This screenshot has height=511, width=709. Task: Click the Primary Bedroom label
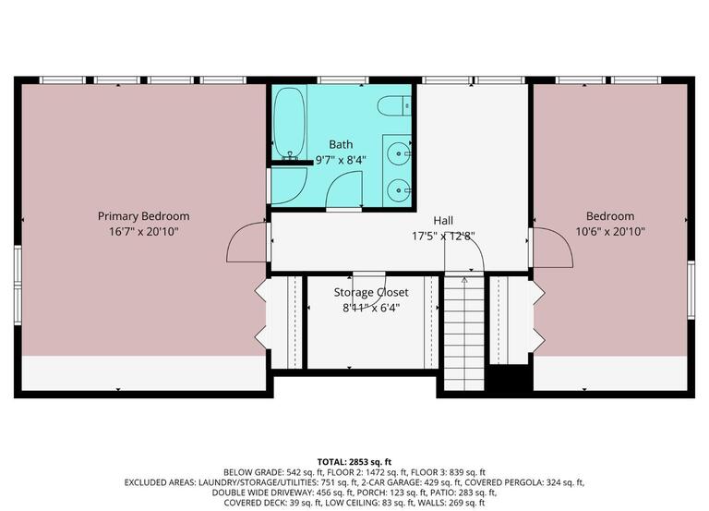click(x=143, y=216)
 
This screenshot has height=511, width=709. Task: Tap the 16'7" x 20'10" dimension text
click(x=143, y=232)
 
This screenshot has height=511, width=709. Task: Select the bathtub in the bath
click(x=289, y=123)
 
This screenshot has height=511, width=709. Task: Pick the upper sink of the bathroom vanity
click(x=399, y=152)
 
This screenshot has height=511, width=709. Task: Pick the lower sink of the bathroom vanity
click(x=399, y=189)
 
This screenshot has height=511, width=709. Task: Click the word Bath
click(x=341, y=144)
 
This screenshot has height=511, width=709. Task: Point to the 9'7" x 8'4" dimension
click(x=341, y=159)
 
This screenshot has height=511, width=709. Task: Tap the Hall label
click(x=443, y=221)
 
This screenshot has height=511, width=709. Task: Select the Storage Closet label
click(x=370, y=293)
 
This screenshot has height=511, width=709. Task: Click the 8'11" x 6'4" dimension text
click(x=370, y=309)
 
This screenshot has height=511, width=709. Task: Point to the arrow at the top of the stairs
click(x=463, y=280)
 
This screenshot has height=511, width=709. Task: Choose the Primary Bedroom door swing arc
click(x=246, y=243)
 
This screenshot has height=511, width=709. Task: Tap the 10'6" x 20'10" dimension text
click(x=609, y=232)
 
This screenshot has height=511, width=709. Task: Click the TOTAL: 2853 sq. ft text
click(x=354, y=459)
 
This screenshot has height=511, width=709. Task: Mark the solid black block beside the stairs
click(x=507, y=379)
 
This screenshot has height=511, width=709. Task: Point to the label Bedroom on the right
click(x=609, y=216)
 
